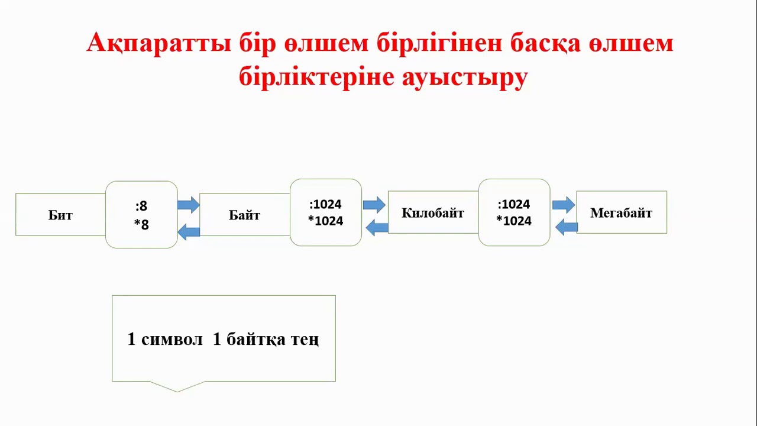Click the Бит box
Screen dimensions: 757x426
(60, 214)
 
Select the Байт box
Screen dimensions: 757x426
(245, 214)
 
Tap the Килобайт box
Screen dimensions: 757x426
(433, 212)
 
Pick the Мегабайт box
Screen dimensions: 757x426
(622, 212)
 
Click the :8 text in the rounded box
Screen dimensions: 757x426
(141, 205)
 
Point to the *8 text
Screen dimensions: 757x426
(141, 224)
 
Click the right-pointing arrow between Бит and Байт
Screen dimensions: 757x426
(189, 205)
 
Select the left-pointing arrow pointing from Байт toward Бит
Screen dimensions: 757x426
(189, 232)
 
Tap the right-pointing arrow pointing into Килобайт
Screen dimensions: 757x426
(374, 205)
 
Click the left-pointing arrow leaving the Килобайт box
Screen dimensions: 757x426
(377, 228)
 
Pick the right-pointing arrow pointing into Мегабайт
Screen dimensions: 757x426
(564, 205)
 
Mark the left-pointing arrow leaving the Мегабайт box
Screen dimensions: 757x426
(567, 227)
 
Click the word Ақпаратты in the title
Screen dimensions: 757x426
(159, 43)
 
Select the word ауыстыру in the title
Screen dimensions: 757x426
(465, 78)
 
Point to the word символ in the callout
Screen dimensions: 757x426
(172, 339)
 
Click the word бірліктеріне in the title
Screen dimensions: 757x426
(316, 78)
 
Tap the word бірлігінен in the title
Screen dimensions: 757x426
(439, 44)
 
